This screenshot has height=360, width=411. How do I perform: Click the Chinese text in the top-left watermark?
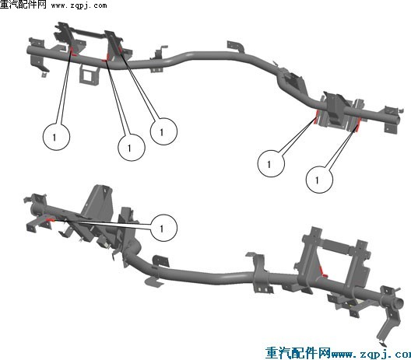(23, 5)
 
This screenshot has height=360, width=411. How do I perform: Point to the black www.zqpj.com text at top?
(79, 5)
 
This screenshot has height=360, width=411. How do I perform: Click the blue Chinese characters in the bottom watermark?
(298, 353)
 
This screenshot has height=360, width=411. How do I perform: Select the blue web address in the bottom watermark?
(371, 355)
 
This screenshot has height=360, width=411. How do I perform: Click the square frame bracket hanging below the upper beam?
(89, 75)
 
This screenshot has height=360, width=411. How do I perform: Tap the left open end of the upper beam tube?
(30, 50)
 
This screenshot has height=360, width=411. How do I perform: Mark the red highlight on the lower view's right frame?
(323, 272)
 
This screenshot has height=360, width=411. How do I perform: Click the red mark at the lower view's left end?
(50, 220)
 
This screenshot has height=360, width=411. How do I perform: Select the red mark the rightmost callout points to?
(357, 125)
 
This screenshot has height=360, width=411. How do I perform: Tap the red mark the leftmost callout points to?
(72, 52)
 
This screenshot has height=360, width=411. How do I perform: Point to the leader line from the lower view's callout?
(102, 224)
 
